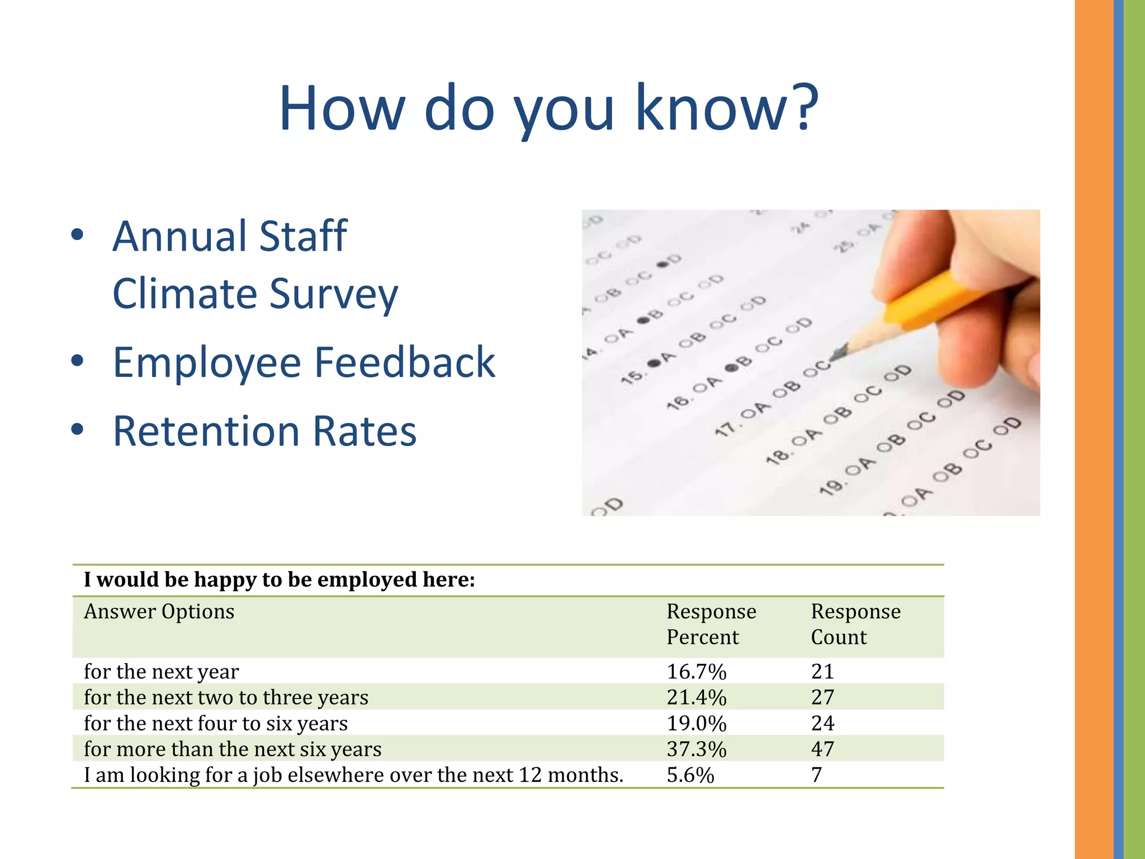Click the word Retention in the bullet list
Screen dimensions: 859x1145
click(x=206, y=431)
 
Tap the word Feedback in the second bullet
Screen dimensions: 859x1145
click(x=405, y=362)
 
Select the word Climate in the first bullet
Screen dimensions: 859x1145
click(x=184, y=294)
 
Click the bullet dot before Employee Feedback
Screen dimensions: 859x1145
click(x=77, y=361)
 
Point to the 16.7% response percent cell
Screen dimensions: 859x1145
click(x=696, y=671)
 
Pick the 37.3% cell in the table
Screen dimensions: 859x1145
click(x=696, y=749)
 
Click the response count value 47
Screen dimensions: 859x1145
click(x=822, y=749)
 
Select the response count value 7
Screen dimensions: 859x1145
click(x=817, y=775)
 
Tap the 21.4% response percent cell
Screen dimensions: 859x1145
click(x=696, y=697)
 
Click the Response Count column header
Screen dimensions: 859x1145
click(x=855, y=624)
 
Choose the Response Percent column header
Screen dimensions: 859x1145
click(x=711, y=624)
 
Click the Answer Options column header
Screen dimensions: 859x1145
click(x=159, y=612)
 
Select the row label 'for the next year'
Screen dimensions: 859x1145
click(x=162, y=671)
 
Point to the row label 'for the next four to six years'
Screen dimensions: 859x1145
click(x=216, y=723)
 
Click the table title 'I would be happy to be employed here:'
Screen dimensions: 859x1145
click(x=280, y=580)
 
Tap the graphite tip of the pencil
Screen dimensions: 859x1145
click(x=836, y=355)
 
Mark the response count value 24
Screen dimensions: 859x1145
click(x=822, y=723)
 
